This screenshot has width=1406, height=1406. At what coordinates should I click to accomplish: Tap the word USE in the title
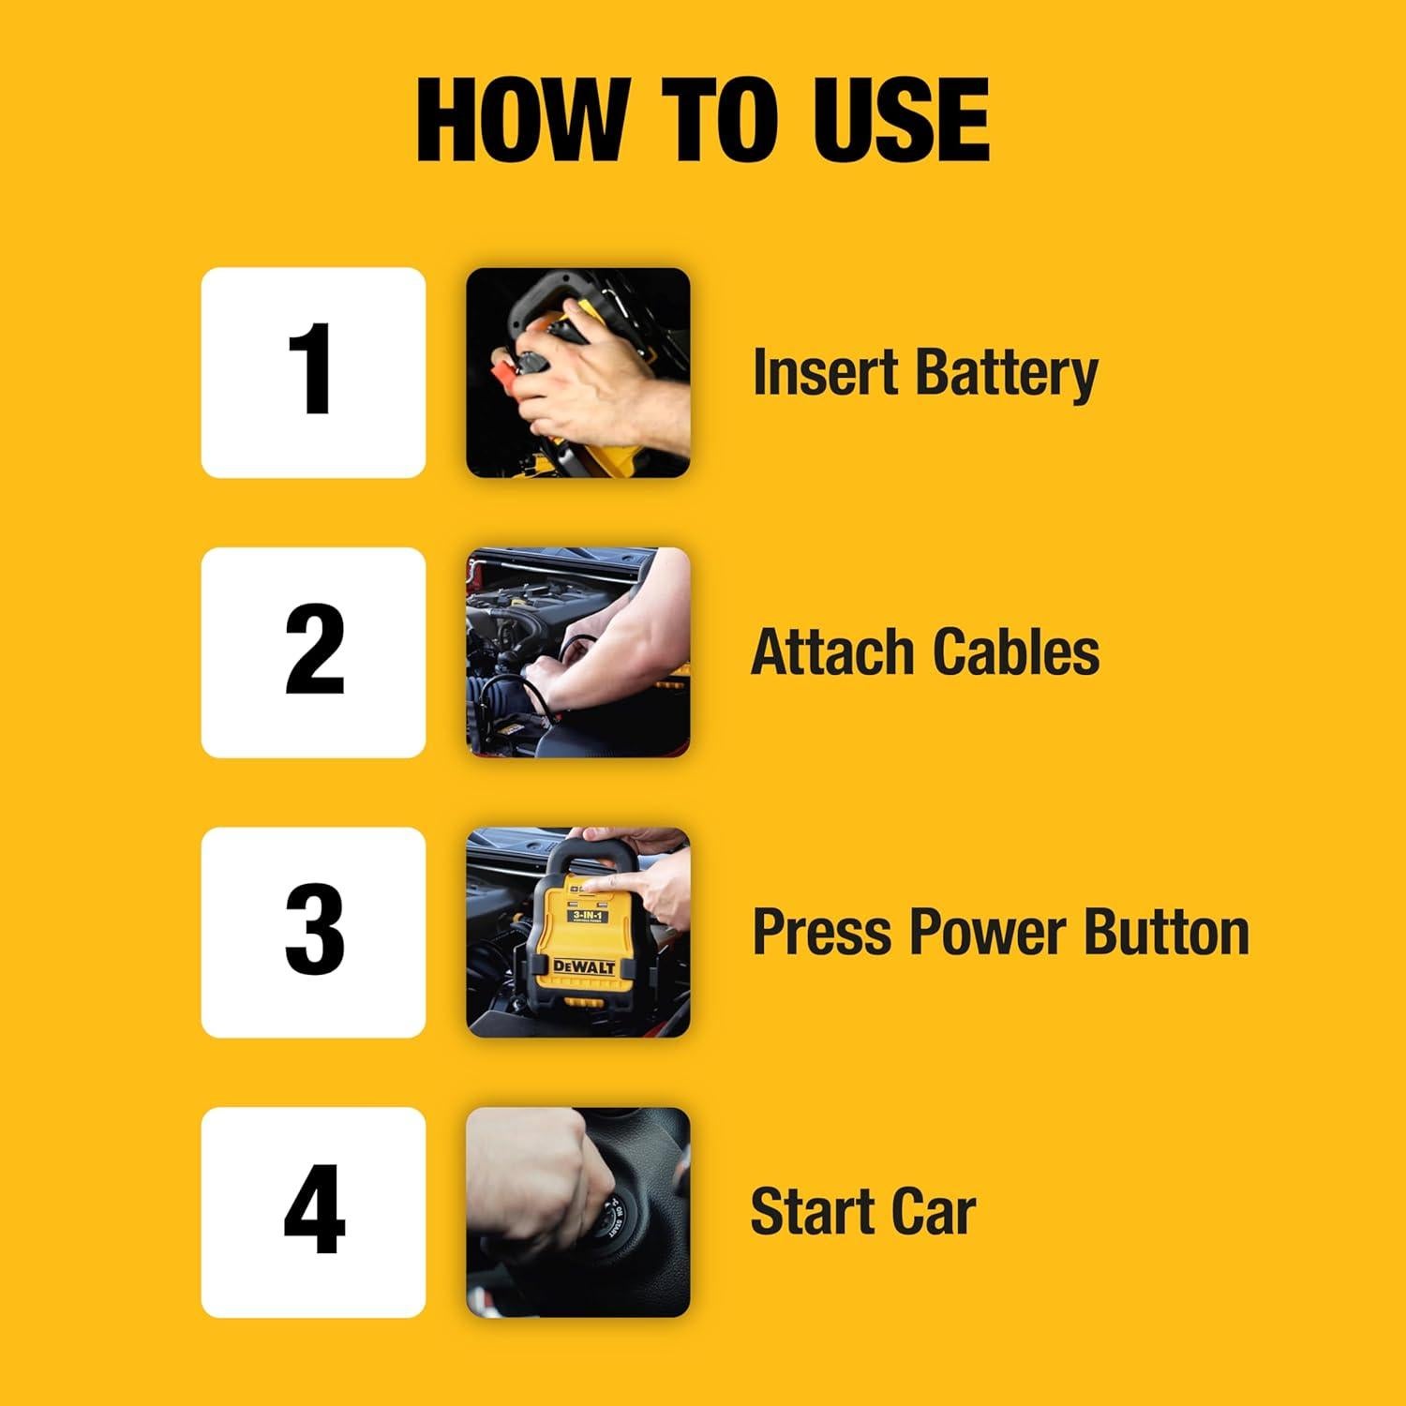900,122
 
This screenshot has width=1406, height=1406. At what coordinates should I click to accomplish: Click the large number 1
313,371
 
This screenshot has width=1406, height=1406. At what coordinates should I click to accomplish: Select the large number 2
313,651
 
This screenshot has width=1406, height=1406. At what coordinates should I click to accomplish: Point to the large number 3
313,932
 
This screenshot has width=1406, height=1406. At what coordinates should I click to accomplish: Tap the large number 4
313,1211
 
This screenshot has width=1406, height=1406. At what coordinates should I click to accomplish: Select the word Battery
1007,373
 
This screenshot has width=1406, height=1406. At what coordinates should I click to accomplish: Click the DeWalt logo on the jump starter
584,965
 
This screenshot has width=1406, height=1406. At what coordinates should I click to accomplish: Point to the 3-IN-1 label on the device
586,914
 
